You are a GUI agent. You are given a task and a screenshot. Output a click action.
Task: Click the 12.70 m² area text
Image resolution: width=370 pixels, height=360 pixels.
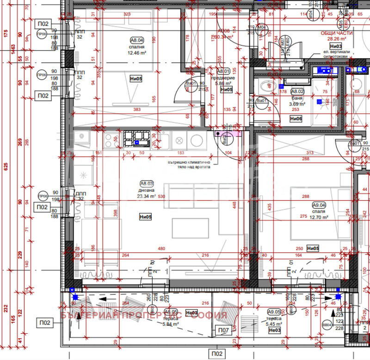319,217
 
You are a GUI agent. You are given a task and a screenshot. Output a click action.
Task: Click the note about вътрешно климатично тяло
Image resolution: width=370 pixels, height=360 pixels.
189,165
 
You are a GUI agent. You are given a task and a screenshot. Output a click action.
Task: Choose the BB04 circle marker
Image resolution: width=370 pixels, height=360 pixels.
327,325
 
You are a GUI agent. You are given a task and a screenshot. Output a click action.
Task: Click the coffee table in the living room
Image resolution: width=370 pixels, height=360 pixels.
187,228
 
